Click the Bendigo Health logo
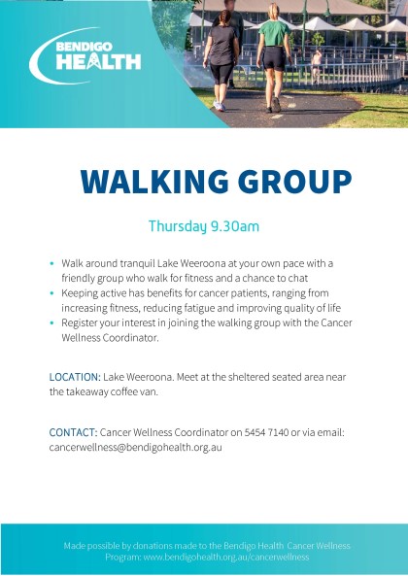(85, 55)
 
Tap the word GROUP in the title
(295, 182)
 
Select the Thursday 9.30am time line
(204, 226)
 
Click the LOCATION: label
(75, 377)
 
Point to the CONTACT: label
(74, 432)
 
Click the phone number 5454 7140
(266, 432)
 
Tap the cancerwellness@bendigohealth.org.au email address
(135, 448)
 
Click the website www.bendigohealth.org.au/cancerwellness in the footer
(226, 557)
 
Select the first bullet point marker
(51, 264)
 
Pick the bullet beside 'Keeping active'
(51, 293)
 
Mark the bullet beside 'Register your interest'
(51, 323)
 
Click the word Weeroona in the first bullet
(209, 264)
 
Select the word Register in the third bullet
(78, 322)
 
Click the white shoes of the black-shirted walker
(220, 106)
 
